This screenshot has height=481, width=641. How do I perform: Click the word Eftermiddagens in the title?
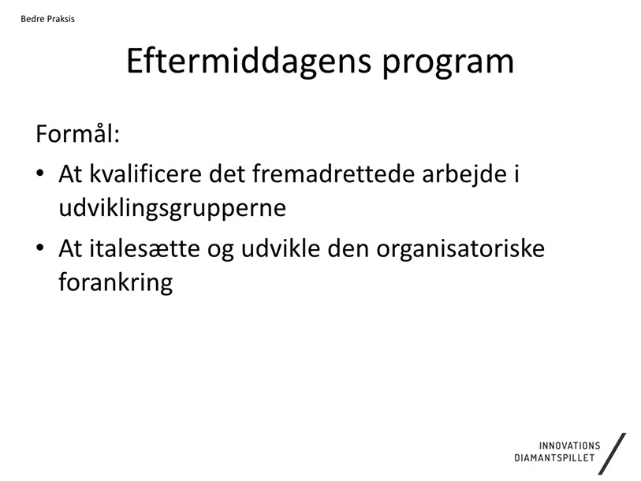click(248, 62)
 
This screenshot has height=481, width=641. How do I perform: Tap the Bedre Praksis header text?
click(48, 19)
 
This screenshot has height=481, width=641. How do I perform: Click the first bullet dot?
click(39, 173)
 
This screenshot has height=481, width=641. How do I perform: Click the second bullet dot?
click(39, 248)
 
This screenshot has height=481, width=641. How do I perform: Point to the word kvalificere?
click(146, 173)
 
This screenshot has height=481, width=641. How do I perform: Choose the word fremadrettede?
click(334, 173)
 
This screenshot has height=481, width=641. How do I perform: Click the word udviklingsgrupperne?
click(172, 209)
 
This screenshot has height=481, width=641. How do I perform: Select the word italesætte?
click(144, 248)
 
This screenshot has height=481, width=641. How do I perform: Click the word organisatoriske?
click(460, 248)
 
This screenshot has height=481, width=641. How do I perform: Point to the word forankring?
click(116, 282)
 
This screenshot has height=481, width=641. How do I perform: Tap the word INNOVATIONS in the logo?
click(569, 446)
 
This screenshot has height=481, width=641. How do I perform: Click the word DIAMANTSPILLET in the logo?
click(554, 457)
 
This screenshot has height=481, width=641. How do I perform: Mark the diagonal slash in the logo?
click(612, 454)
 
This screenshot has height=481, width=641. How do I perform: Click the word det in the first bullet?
click(227, 173)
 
